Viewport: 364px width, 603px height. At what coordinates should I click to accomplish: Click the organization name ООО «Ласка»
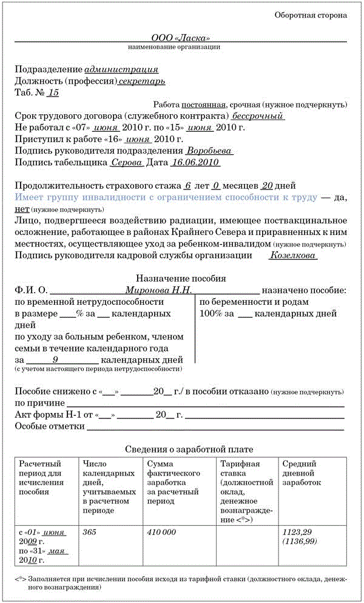(181, 37)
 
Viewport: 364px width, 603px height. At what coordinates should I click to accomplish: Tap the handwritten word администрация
(121, 70)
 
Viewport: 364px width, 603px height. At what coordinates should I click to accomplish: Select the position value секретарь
(142, 81)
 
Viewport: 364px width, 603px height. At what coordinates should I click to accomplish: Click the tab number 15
(53, 93)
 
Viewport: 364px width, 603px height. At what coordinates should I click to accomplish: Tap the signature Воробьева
(209, 151)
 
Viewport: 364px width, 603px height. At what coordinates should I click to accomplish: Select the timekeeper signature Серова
(127, 163)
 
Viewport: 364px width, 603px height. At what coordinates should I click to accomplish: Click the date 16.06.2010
(195, 163)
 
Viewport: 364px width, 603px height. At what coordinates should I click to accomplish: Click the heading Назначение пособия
(181, 279)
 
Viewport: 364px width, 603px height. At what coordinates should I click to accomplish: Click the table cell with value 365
(89, 532)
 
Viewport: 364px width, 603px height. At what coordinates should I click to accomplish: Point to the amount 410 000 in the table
(161, 532)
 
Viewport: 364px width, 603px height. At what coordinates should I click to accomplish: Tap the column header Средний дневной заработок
(302, 473)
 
